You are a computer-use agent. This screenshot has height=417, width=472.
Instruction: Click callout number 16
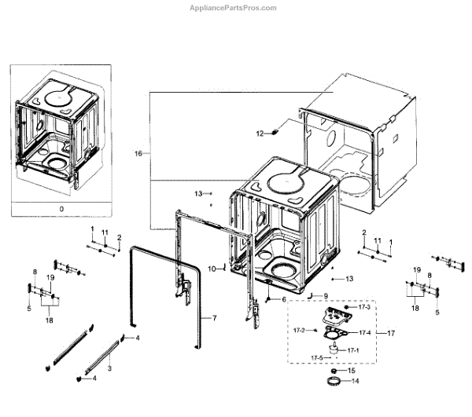point(138,154)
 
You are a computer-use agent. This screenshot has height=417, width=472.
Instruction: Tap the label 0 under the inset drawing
point(61,210)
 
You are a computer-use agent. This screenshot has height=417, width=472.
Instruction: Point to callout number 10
point(212,269)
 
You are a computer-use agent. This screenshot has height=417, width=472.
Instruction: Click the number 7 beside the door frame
point(212,319)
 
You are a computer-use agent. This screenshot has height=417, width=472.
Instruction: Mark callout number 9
point(324,295)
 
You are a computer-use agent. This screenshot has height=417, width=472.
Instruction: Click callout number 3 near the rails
point(109,368)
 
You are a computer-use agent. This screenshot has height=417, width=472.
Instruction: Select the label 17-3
point(363,307)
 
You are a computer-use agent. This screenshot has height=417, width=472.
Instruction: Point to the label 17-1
point(353,349)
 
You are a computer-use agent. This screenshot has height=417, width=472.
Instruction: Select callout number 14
point(354,382)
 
